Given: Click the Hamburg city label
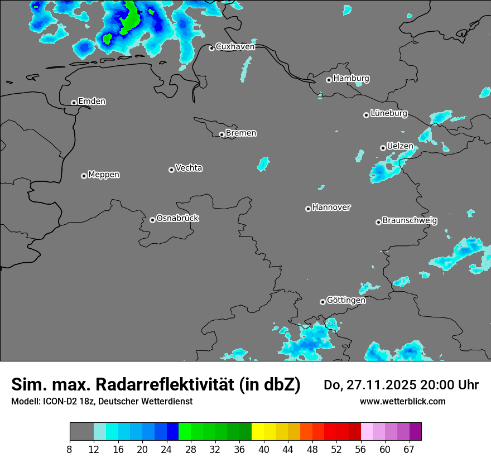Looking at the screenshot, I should click(x=351, y=79).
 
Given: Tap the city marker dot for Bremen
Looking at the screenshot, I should click(x=222, y=134).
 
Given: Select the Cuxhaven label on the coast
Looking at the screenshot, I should click(x=235, y=47).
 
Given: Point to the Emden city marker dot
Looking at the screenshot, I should click(x=74, y=103).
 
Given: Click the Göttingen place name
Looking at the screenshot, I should click(x=346, y=300).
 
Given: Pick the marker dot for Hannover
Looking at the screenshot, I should click(x=308, y=209).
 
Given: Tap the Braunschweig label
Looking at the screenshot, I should click(x=410, y=220).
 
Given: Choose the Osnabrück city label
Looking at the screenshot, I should click(x=177, y=218).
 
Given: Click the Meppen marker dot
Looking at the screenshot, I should click(x=84, y=176).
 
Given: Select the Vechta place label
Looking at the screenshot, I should click(x=189, y=168).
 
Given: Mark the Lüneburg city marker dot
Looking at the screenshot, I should click(x=366, y=115).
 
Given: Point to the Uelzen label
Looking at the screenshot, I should click(x=400, y=146).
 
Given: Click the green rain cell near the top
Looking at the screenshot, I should click(x=129, y=17).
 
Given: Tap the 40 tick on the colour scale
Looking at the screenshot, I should click(x=264, y=450).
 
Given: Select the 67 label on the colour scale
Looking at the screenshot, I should click(x=409, y=450).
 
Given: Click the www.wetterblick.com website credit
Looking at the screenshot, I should click(x=402, y=401).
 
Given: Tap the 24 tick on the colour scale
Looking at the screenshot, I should click(x=166, y=450).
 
